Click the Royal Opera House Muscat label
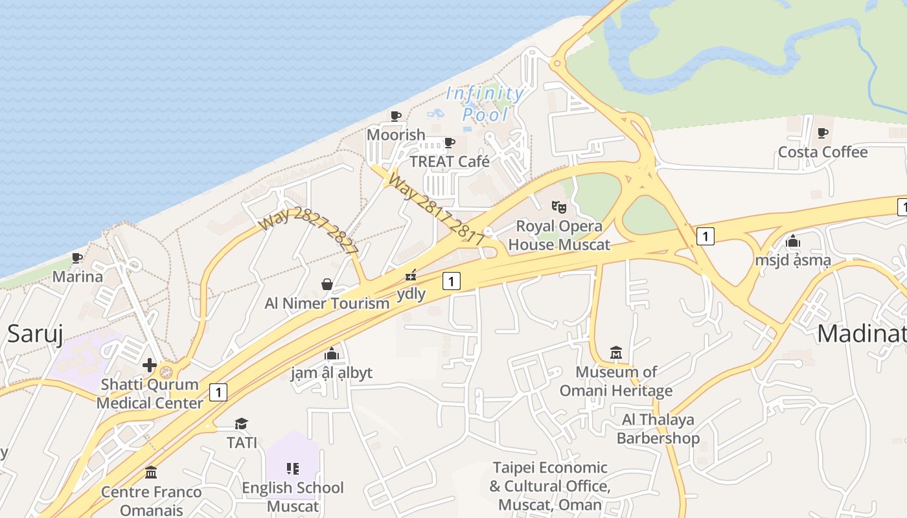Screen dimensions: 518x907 [x=559, y=236]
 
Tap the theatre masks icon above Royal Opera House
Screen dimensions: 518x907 [x=558, y=207]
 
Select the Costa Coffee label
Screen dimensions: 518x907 [x=822, y=152]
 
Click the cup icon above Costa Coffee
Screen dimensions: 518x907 [x=822, y=133]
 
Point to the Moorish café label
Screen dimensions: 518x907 [x=396, y=135]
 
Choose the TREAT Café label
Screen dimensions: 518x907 [x=450, y=161]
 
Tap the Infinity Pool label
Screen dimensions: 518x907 [x=485, y=104]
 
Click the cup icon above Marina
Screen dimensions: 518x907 [x=77, y=258]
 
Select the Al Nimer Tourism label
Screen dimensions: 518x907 [x=327, y=303]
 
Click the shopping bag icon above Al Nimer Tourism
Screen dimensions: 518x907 [x=327, y=284]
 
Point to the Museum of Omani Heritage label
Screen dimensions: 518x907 [x=616, y=381]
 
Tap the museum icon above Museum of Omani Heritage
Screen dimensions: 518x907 [x=616, y=353]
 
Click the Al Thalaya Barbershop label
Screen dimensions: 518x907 [x=658, y=429]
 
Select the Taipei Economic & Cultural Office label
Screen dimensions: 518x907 [x=550, y=486]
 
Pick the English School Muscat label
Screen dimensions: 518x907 [x=293, y=497]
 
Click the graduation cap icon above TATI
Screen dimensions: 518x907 [x=242, y=423]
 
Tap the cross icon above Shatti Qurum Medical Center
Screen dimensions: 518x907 [x=150, y=365]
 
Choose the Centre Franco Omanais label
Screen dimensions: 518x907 [x=152, y=501]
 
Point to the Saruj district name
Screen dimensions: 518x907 [x=35, y=334]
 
